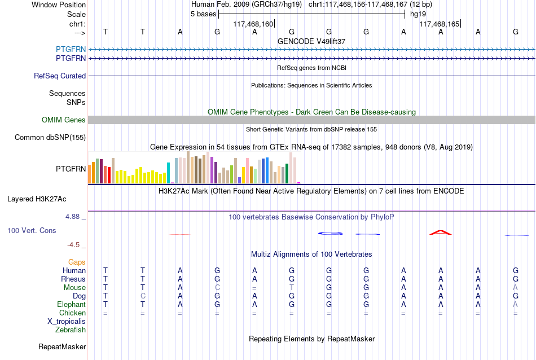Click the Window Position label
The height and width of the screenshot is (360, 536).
[59, 5]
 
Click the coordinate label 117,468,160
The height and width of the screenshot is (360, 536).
[253, 24]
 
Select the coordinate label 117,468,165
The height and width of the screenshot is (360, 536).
[440, 24]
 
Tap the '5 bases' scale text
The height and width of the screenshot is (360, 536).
[203, 14]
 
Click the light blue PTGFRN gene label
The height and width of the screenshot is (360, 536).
[71, 49]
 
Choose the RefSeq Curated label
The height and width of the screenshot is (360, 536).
[60, 76]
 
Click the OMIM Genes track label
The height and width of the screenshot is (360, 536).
[64, 120]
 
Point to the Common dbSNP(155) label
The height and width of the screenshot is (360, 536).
[50, 138]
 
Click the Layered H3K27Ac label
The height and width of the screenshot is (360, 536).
[37, 199]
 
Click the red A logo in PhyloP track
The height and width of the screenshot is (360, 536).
[441, 233]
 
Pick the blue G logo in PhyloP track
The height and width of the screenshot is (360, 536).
[330, 234]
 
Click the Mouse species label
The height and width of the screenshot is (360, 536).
[74, 288]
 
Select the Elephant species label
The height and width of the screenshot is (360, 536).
[72, 304]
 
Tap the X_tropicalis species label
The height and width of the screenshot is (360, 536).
[67, 322]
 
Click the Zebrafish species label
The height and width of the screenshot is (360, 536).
[71, 330]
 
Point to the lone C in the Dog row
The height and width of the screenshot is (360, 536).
[143, 296]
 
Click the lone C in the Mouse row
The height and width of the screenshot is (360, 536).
[217, 288]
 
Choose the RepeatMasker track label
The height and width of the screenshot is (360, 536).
[62, 346]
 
